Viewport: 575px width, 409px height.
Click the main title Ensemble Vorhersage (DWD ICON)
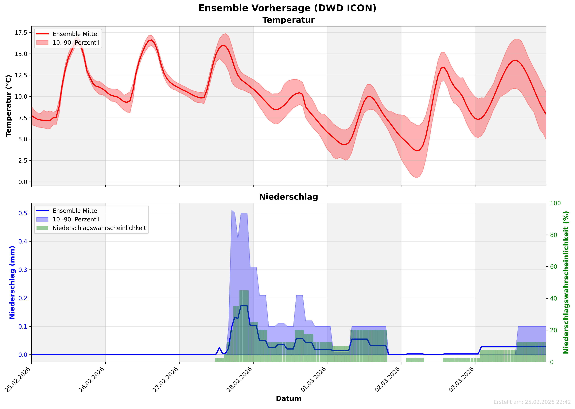click(287, 8)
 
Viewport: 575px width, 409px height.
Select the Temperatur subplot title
click(289, 20)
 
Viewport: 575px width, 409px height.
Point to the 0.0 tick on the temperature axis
click(23, 182)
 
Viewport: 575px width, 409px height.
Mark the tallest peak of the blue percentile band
click(232, 210)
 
